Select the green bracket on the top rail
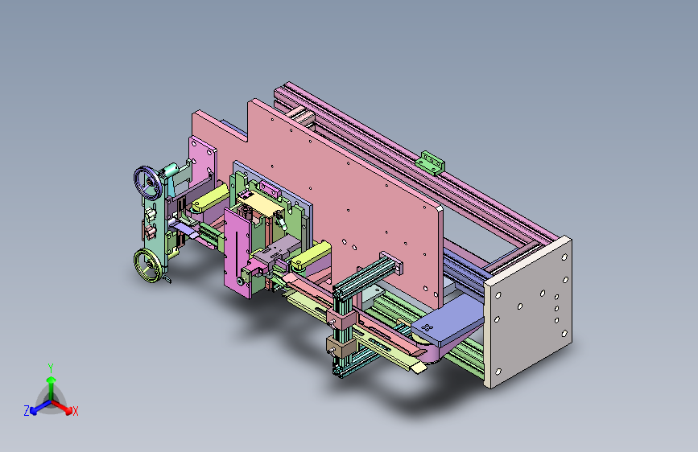[x=430, y=162]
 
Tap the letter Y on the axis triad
[x=51, y=368]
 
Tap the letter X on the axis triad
[x=75, y=411]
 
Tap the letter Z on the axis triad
[x=27, y=411]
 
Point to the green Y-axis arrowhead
[x=52, y=380]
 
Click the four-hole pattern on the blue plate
[x=427, y=328]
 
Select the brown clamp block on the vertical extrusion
[x=341, y=346]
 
